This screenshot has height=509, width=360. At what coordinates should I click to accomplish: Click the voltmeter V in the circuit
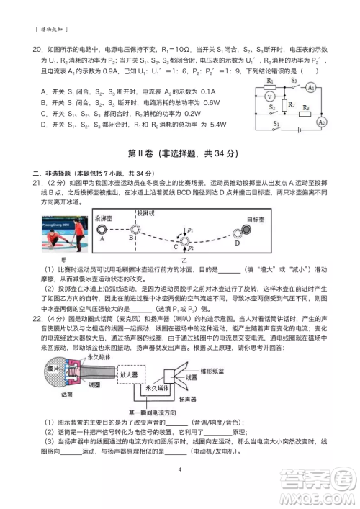click(269, 96)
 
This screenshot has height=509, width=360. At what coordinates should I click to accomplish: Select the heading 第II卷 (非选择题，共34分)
click(179, 155)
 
